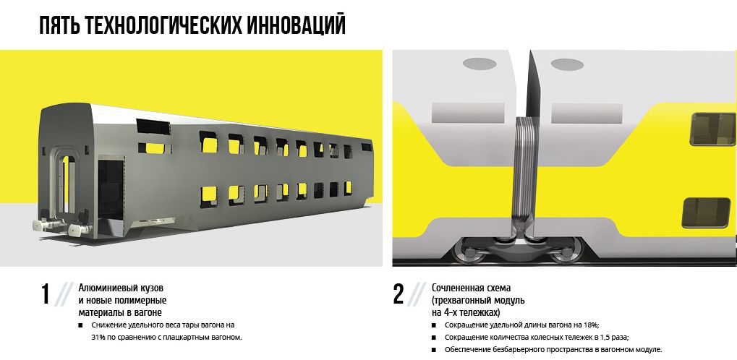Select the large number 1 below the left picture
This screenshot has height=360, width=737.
click(45, 295)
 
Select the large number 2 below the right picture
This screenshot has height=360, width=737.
click(398, 295)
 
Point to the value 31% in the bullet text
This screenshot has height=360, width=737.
click(98, 338)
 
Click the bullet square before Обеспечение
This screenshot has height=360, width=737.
click(433, 350)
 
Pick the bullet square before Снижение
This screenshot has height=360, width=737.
click(80, 325)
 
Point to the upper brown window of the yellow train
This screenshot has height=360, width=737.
click(712, 129)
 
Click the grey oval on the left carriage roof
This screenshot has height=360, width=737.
click(480, 64)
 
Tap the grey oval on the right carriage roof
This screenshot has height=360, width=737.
click(567, 64)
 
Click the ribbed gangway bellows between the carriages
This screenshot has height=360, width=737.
click(525, 174)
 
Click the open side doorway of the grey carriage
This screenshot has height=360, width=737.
click(111, 189)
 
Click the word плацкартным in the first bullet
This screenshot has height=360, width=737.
click(189, 338)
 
